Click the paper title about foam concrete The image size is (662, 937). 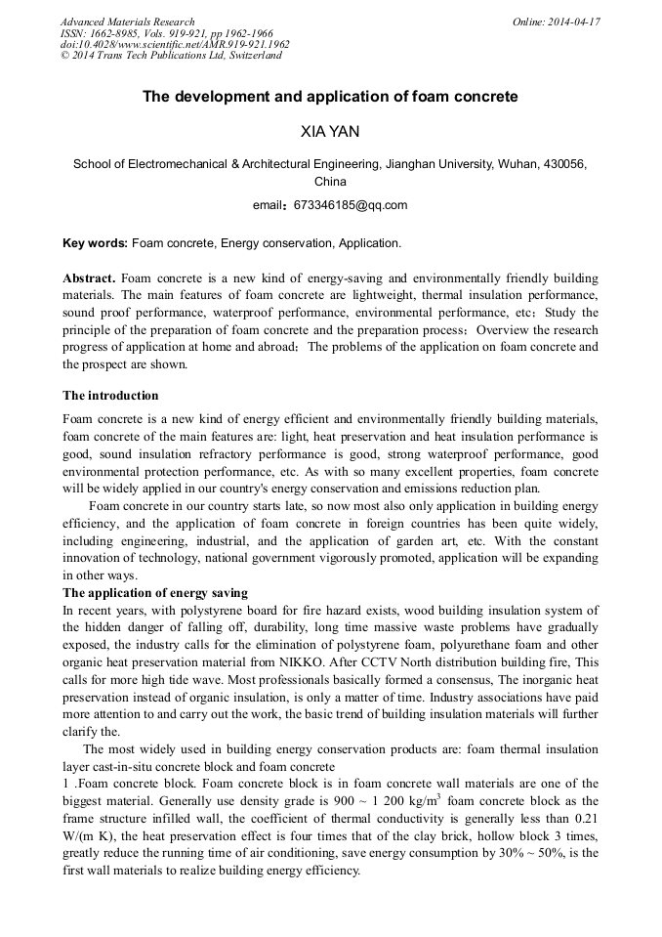click(x=330, y=97)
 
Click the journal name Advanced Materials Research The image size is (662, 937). click(x=128, y=21)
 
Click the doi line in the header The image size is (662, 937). click(x=175, y=44)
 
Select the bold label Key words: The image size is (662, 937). click(x=95, y=242)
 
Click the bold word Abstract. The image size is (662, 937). click(x=89, y=278)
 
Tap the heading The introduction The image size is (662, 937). click(x=110, y=396)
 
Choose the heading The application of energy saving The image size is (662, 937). click(x=155, y=593)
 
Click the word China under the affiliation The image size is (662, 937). click(x=330, y=181)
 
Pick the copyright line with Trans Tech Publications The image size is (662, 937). click(x=171, y=56)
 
